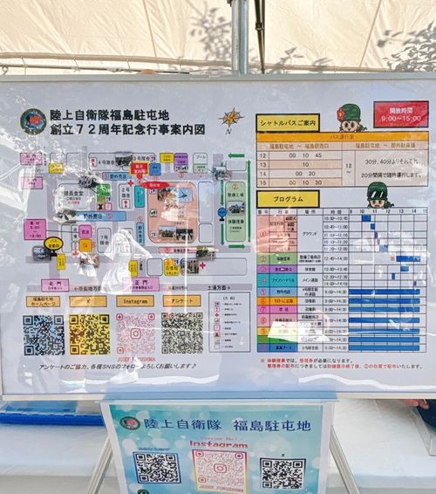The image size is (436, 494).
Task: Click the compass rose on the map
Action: (x=230, y=119)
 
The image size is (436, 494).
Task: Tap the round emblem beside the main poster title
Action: (x=33, y=121)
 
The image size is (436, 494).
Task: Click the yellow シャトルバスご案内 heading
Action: (x=288, y=123)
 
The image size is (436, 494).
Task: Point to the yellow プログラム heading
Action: (x=287, y=198)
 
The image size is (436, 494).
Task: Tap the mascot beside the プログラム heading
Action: (x=378, y=195)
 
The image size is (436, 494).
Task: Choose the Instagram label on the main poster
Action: (x=134, y=301)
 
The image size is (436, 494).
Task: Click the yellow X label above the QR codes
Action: (x=88, y=301)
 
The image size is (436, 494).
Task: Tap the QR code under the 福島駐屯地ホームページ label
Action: (x=43, y=334)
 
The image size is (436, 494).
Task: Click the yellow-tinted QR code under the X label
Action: (x=89, y=334)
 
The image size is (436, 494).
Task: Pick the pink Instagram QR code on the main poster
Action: (x=135, y=334)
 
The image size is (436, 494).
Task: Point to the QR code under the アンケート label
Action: (x=181, y=333)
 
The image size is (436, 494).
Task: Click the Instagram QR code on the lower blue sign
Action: (x=219, y=470)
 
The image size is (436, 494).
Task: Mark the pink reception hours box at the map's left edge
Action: (x=35, y=230)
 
